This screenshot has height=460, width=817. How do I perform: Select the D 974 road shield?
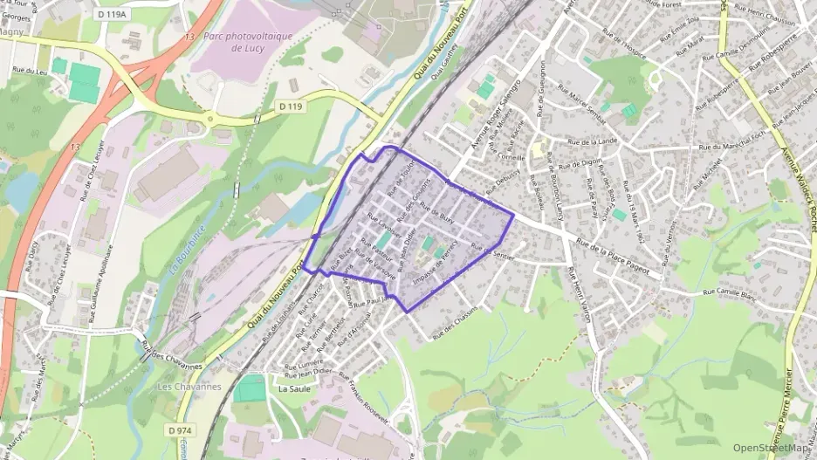pyautogui.click(x=180, y=430)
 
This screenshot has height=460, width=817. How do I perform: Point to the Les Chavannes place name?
pyautogui.click(x=186, y=386)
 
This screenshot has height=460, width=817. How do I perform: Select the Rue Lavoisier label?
pyautogui.click(x=383, y=226)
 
